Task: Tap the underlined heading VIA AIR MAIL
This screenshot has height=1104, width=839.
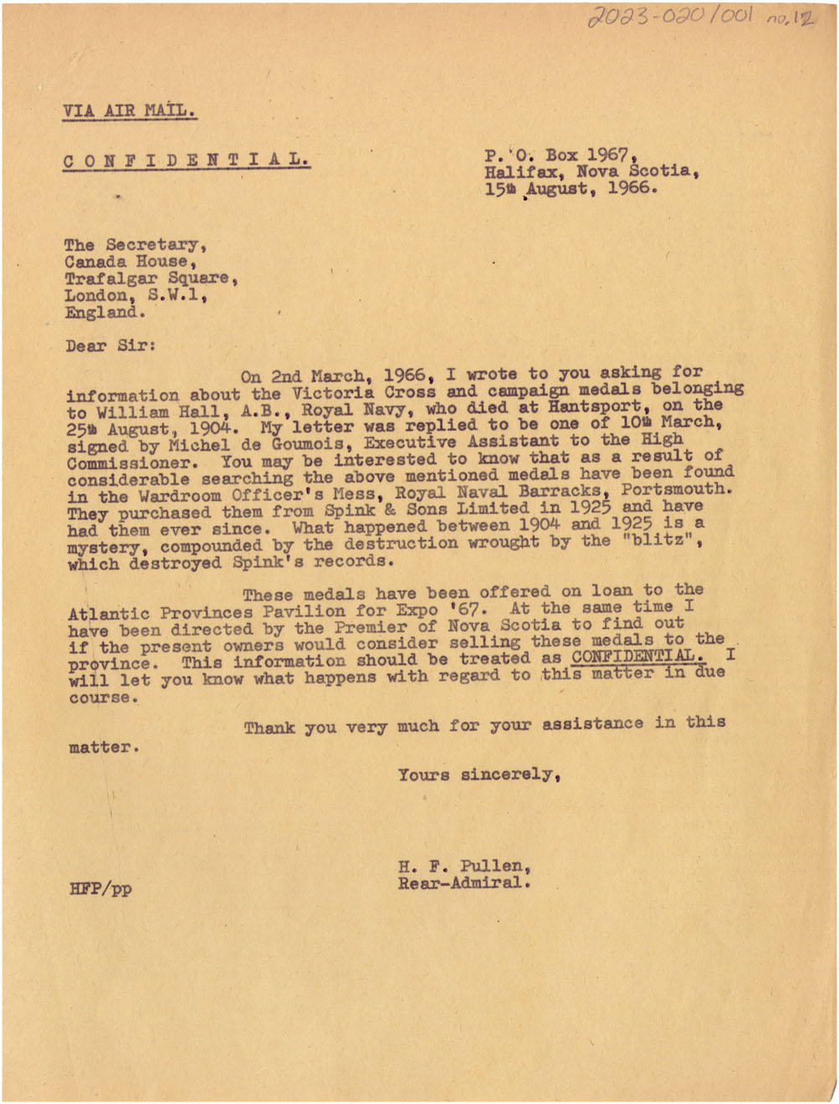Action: pyautogui.click(x=130, y=110)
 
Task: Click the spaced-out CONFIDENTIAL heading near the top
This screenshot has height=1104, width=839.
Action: pyautogui.click(x=186, y=159)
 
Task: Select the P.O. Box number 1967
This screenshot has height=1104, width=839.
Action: pyautogui.click(x=606, y=155)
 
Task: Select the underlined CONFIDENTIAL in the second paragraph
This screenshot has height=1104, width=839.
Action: pyautogui.click(x=638, y=657)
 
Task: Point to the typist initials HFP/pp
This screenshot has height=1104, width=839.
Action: pyautogui.click(x=100, y=888)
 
